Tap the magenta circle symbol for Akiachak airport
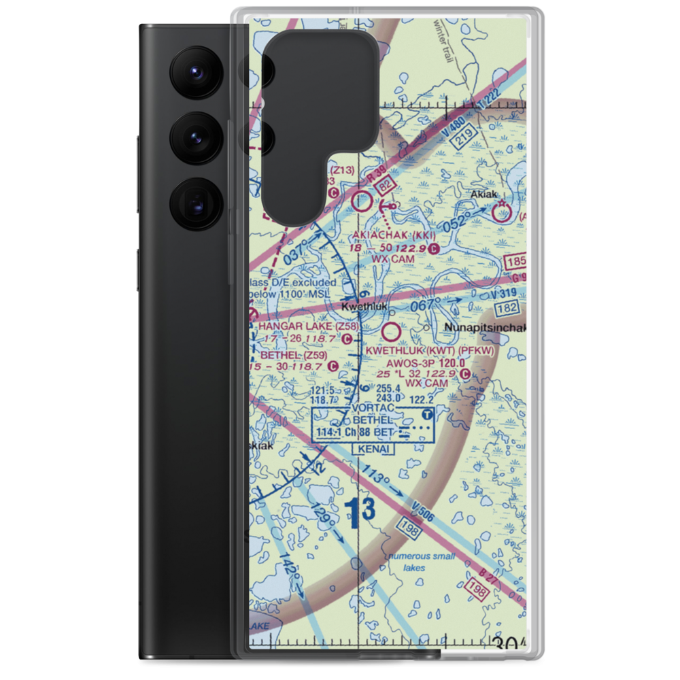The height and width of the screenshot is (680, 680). (x=362, y=201)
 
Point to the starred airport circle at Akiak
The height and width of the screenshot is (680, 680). (x=502, y=214)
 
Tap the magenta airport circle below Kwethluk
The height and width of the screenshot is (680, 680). (x=391, y=333)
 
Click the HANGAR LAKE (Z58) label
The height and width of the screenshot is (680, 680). (x=303, y=326)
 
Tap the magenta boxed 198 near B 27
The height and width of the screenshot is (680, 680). (x=478, y=590)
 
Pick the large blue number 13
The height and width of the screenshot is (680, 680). (x=358, y=512)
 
